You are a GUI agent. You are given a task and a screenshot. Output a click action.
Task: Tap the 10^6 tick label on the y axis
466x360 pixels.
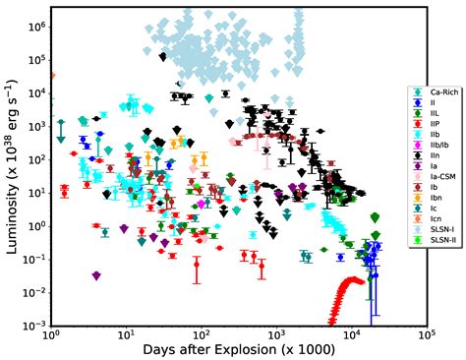[x=32, y=26]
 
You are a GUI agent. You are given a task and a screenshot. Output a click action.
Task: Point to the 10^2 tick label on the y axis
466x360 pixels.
[x=32, y=158]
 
